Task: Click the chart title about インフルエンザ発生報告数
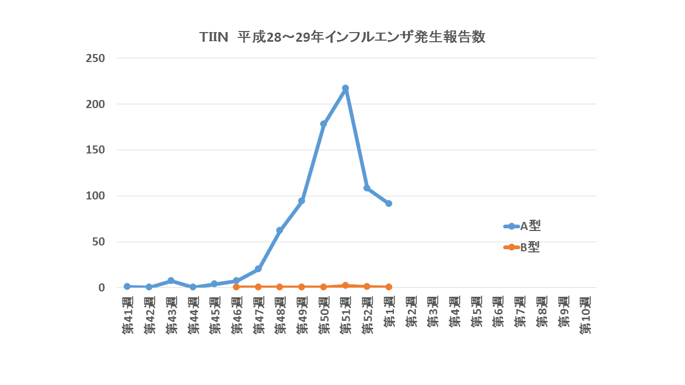[x=342, y=37]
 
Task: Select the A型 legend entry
[x=522, y=226]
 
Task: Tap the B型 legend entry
[x=522, y=247]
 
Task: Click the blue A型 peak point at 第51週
[x=345, y=88]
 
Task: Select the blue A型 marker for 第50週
[x=323, y=124]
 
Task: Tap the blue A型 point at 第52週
[x=367, y=188]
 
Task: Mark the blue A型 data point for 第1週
[x=389, y=204]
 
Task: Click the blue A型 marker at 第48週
[x=279, y=230]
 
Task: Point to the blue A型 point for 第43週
[x=171, y=281]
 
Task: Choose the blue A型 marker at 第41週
[x=127, y=286]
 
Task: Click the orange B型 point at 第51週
[x=345, y=286]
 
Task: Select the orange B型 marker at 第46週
[x=236, y=287]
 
